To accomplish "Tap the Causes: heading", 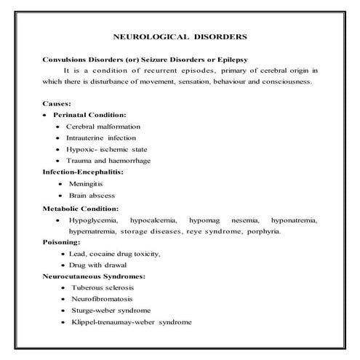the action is pyautogui.click(x=57, y=104).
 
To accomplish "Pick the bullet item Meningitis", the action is pyautogui.click(x=85, y=185).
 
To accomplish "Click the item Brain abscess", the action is pyautogui.click(x=92, y=196).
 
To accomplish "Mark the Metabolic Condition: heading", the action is pyautogui.click(x=81, y=209).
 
